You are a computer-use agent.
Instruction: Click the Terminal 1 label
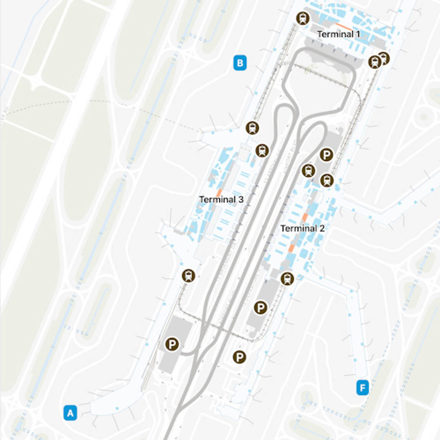pos(338,34)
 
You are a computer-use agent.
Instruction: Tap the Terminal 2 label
pos(302,229)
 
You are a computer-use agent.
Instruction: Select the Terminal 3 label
pos(221,200)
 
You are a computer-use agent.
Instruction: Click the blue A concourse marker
pos(70,413)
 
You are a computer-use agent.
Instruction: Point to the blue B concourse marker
pos(240,63)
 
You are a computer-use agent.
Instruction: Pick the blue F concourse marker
pos(362,387)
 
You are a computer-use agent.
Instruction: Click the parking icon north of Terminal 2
pos(326,154)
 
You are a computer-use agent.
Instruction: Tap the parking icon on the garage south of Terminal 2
pos(260,308)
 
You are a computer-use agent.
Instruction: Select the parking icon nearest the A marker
pos(172,345)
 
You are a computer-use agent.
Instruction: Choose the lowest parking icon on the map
pos(239,357)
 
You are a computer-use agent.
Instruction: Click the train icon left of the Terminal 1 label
pos(303,18)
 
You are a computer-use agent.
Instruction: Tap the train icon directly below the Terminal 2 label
pos(287,279)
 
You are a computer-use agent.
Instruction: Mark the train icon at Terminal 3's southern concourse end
pos(188,276)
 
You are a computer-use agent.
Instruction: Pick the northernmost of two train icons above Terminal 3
pos(253,128)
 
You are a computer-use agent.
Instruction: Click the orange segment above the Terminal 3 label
pos(219,192)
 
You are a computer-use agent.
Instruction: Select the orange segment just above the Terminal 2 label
pos(305,217)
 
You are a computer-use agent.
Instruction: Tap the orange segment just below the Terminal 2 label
pos(292,247)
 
